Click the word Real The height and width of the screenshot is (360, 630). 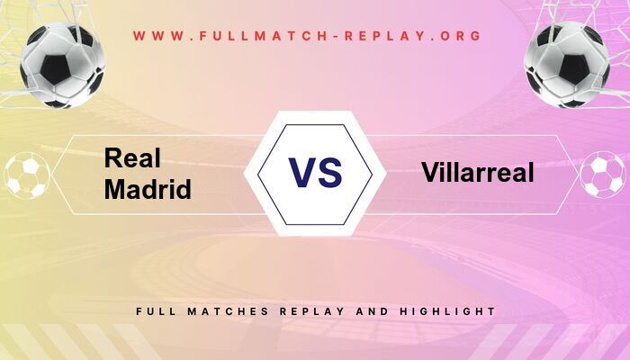(x=132, y=158)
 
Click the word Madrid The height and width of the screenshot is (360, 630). (x=148, y=190)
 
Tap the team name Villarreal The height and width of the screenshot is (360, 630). (x=477, y=172)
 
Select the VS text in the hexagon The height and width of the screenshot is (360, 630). (x=315, y=172)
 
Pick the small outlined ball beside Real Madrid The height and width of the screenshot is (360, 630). (x=26, y=175)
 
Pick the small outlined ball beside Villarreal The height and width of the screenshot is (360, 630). (x=602, y=175)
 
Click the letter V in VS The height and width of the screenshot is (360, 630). (x=301, y=172)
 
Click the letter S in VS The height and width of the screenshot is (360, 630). (x=330, y=172)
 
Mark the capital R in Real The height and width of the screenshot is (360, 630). (x=113, y=158)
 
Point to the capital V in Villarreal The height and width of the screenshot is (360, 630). (x=428, y=172)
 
